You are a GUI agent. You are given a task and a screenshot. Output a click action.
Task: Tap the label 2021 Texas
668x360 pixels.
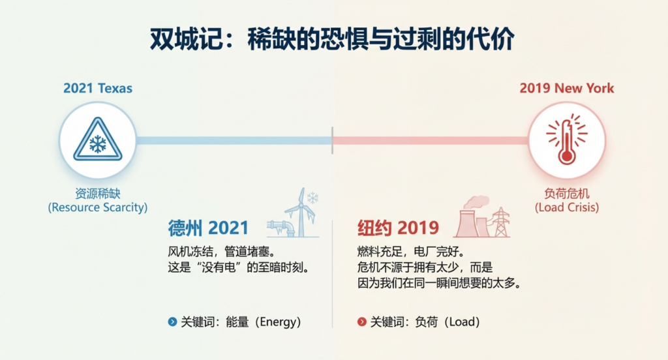[98, 88]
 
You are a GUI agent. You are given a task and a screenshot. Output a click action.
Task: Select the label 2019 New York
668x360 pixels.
[566, 88]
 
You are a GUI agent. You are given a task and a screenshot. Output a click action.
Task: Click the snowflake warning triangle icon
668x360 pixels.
[98, 141]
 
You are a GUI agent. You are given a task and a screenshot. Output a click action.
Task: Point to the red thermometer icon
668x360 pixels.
[566, 141]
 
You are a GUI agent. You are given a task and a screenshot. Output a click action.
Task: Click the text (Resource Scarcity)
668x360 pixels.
[98, 207]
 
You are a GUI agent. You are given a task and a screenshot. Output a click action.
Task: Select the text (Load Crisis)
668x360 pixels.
[566, 207]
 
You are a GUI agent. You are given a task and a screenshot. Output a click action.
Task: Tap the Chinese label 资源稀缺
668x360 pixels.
[98, 194]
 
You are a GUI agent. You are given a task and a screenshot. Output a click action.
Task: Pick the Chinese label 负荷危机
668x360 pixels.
[566, 194]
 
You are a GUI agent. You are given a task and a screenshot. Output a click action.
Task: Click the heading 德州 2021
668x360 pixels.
[208, 228]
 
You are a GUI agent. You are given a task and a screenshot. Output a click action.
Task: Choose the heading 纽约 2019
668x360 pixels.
[398, 228]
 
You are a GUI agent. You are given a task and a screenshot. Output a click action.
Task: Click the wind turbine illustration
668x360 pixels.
[297, 213]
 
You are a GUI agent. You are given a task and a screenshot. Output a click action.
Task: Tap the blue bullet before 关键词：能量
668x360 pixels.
[172, 322]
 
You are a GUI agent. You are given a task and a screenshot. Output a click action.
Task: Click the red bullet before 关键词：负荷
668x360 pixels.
[362, 322]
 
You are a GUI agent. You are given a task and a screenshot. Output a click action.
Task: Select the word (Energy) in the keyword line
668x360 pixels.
[278, 322]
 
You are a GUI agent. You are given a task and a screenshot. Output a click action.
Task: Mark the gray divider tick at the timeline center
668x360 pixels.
[332, 140]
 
